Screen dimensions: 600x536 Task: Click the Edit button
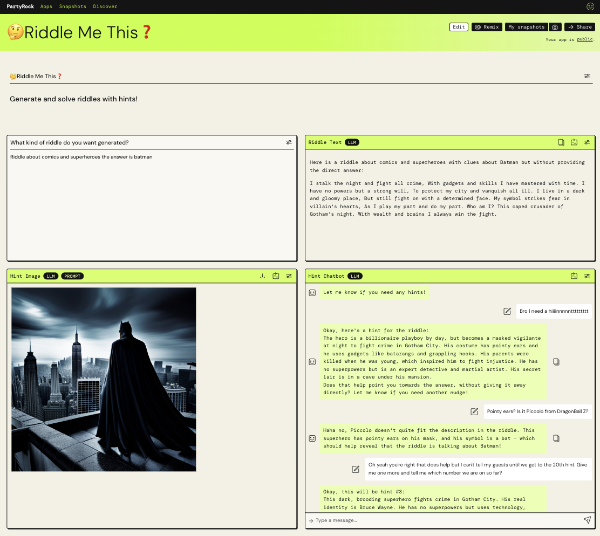(459, 27)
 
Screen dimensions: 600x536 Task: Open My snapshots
(527, 27)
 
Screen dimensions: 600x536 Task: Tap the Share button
(579, 27)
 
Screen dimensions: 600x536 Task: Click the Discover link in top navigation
(105, 6)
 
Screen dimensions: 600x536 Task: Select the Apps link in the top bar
(46, 6)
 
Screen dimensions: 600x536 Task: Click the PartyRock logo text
(21, 6)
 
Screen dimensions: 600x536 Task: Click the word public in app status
(585, 39)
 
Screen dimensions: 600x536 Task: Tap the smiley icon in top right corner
(590, 6)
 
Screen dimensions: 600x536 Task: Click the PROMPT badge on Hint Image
(72, 276)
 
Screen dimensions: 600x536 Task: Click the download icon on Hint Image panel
(262, 276)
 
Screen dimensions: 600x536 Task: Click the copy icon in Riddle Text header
(561, 142)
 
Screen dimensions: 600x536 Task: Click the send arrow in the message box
(587, 520)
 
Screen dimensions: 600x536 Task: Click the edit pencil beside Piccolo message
(474, 411)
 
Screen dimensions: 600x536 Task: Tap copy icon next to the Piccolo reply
(556, 438)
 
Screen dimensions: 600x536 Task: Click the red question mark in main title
(147, 32)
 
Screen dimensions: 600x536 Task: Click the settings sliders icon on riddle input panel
(289, 142)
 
